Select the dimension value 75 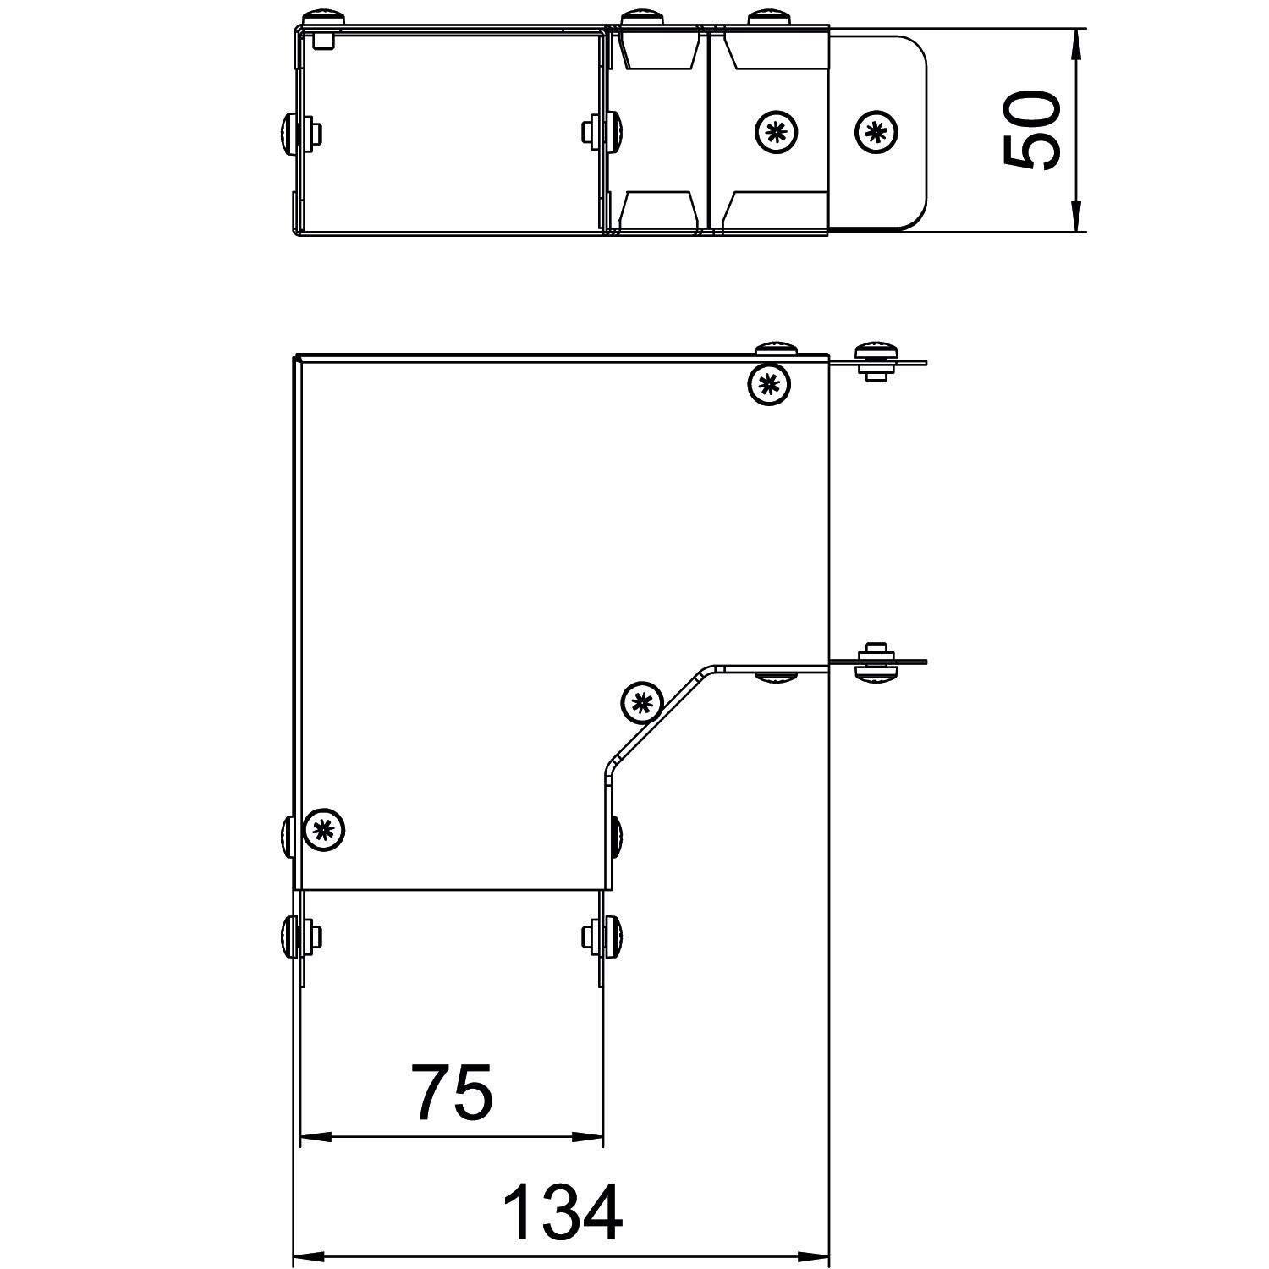[x=451, y=1091]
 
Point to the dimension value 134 [x=563, y=1212]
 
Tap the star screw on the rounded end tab [x=876, y=132]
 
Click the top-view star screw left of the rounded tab [x=776, y=132]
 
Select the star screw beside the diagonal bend [x=642, y=701]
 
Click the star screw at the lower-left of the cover [x=324, y=829]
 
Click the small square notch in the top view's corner [x=324, y=40]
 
